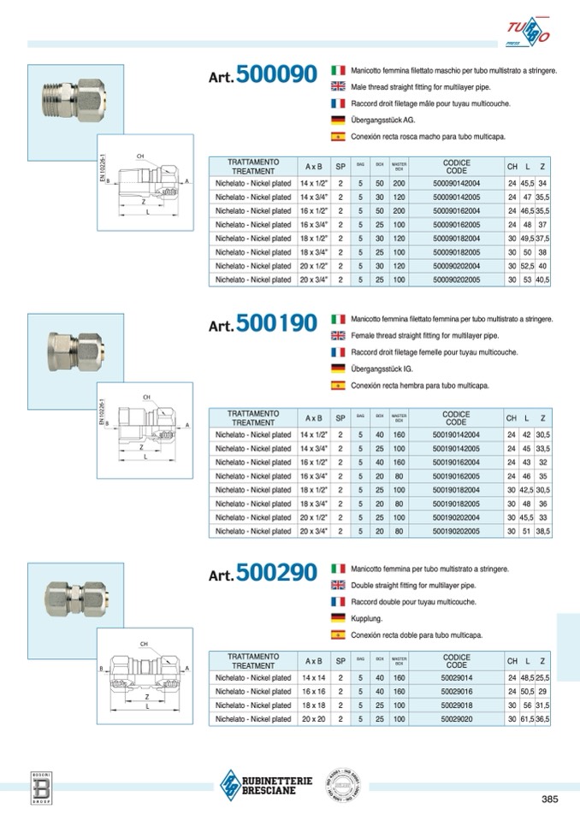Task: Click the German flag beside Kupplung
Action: [x=337, y=617]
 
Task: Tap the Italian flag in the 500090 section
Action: [x=337, y=69]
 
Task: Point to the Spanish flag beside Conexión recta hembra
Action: [x=337, y=386]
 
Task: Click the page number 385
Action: [x=549, y=799]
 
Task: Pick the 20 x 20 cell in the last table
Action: [x=313, y=719]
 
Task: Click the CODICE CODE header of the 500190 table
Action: [x=457, y=418]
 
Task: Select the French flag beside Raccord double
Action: [x=337, y=601]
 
